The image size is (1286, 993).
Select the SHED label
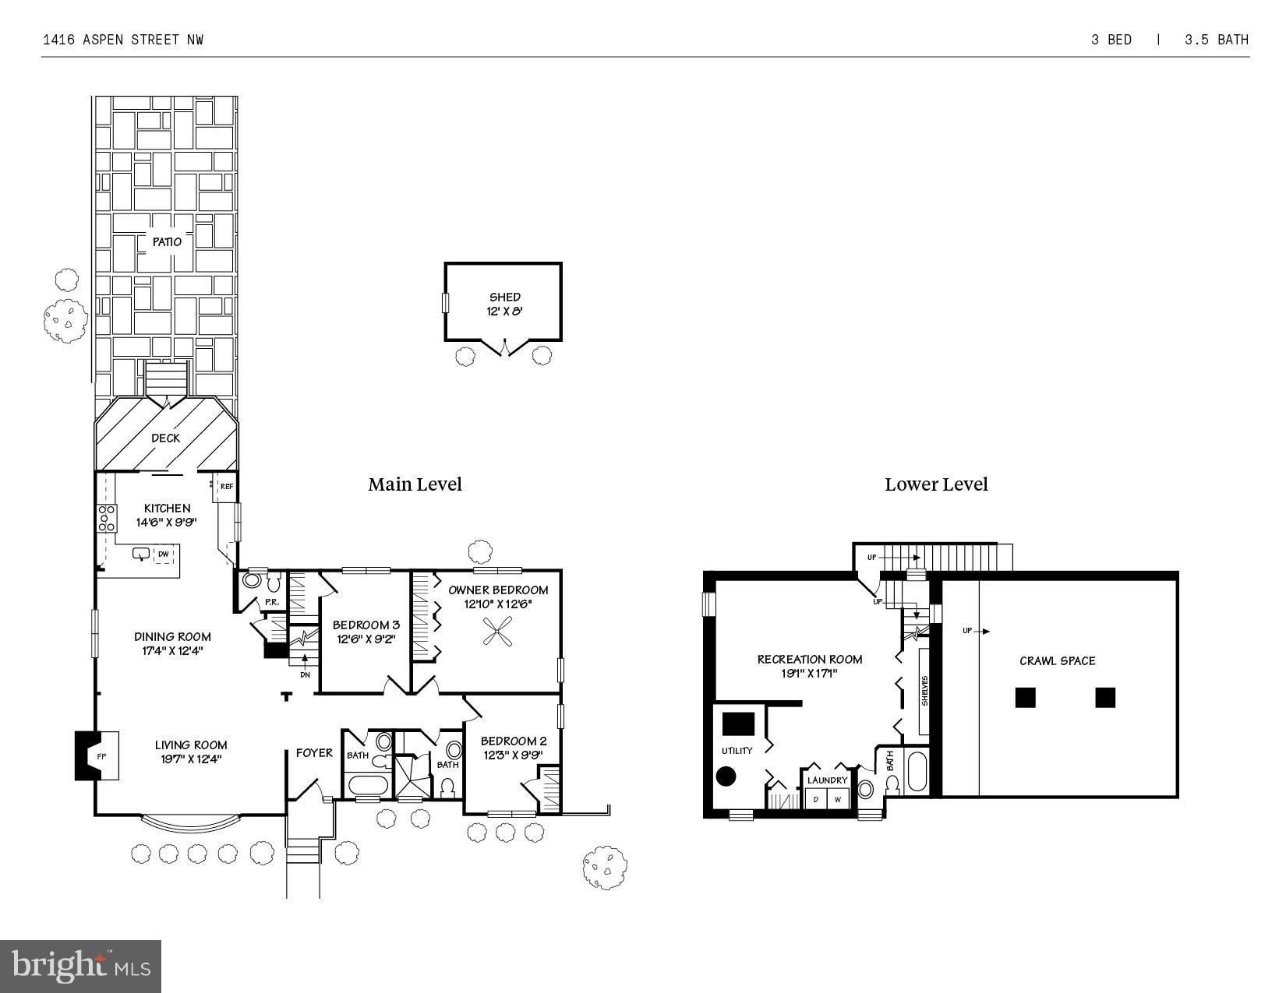504,297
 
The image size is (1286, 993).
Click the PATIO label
166,242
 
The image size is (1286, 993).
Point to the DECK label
165,438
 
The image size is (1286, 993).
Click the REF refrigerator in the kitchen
226,487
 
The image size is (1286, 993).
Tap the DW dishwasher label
164,555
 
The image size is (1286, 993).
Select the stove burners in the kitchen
106,518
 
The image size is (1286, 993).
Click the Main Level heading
415,484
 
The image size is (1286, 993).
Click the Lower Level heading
936,484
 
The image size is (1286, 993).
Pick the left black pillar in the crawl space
1025,697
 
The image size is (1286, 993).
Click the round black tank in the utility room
726,776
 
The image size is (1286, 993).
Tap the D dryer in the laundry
816,799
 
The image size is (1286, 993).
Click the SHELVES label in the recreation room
925,691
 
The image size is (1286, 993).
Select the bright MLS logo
81,967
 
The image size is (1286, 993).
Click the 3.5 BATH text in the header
1216,40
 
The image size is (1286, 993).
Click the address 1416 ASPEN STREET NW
122,40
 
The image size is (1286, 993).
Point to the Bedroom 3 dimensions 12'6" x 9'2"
366,639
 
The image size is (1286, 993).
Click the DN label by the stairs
305,674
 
